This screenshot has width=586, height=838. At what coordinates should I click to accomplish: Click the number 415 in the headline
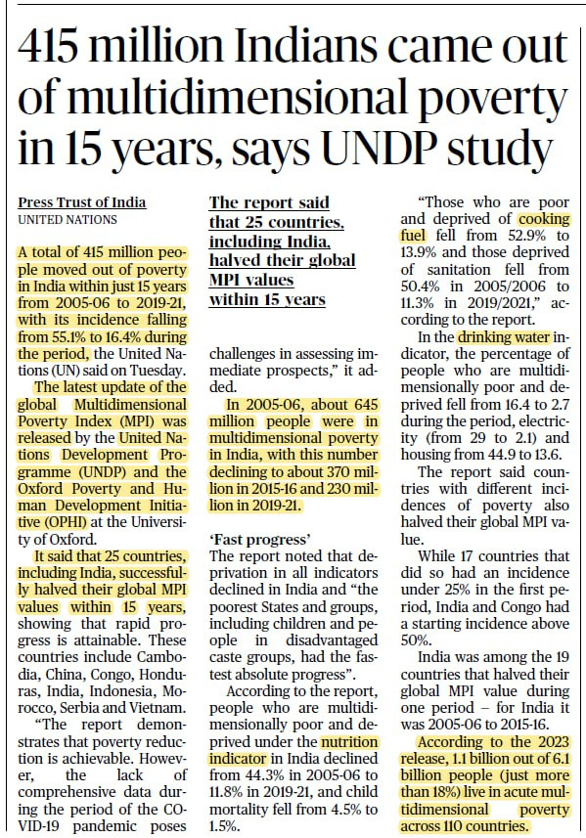tap(49, 47)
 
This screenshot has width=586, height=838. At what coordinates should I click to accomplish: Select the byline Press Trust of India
tap(82, 202)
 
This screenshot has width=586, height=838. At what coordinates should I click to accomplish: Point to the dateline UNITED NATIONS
tap(68, 220)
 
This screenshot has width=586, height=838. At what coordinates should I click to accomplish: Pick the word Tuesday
tap(157, 371)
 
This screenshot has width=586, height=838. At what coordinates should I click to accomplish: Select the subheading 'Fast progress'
tap(260, 538)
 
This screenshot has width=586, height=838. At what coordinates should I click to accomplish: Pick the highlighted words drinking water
tap(504, 337)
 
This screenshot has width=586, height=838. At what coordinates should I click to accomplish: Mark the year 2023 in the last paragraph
tap(553, 742)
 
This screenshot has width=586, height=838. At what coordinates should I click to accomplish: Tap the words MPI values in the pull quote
tap(251, 280)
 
